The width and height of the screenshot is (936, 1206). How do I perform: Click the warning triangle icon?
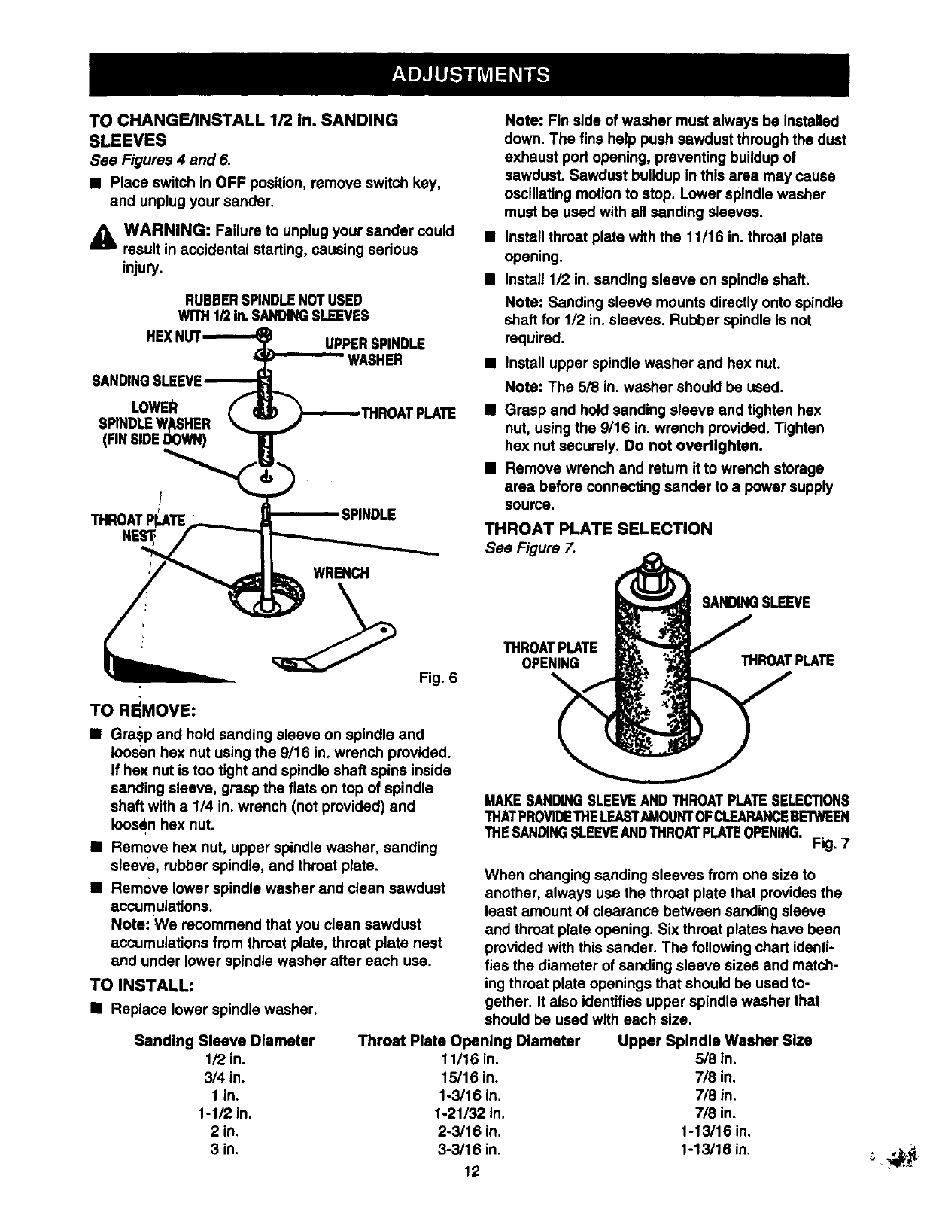pos(102,238)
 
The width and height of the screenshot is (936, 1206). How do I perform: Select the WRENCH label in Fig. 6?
pos(341,573)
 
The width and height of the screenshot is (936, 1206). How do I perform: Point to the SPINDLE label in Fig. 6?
pos(368,515)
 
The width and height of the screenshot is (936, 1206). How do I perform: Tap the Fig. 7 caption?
pos(831,843)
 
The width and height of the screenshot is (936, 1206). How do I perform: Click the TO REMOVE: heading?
pos(144,709)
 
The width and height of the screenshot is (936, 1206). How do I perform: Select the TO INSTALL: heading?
pos(143,985)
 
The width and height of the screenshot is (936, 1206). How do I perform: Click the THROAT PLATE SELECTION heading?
pos(598,529)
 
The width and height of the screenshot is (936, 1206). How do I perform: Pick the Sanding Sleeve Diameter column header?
pos(224,1041)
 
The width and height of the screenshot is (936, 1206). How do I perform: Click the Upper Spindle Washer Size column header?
pos(714,1041)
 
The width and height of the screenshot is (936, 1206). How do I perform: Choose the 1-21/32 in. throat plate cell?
pos(470,1113)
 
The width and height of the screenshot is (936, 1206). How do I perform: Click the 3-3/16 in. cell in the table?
pos(470,1150)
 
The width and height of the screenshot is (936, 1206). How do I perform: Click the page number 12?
pos(472,1171)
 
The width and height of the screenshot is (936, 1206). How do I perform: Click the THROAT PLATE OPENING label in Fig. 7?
pos(550,655)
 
